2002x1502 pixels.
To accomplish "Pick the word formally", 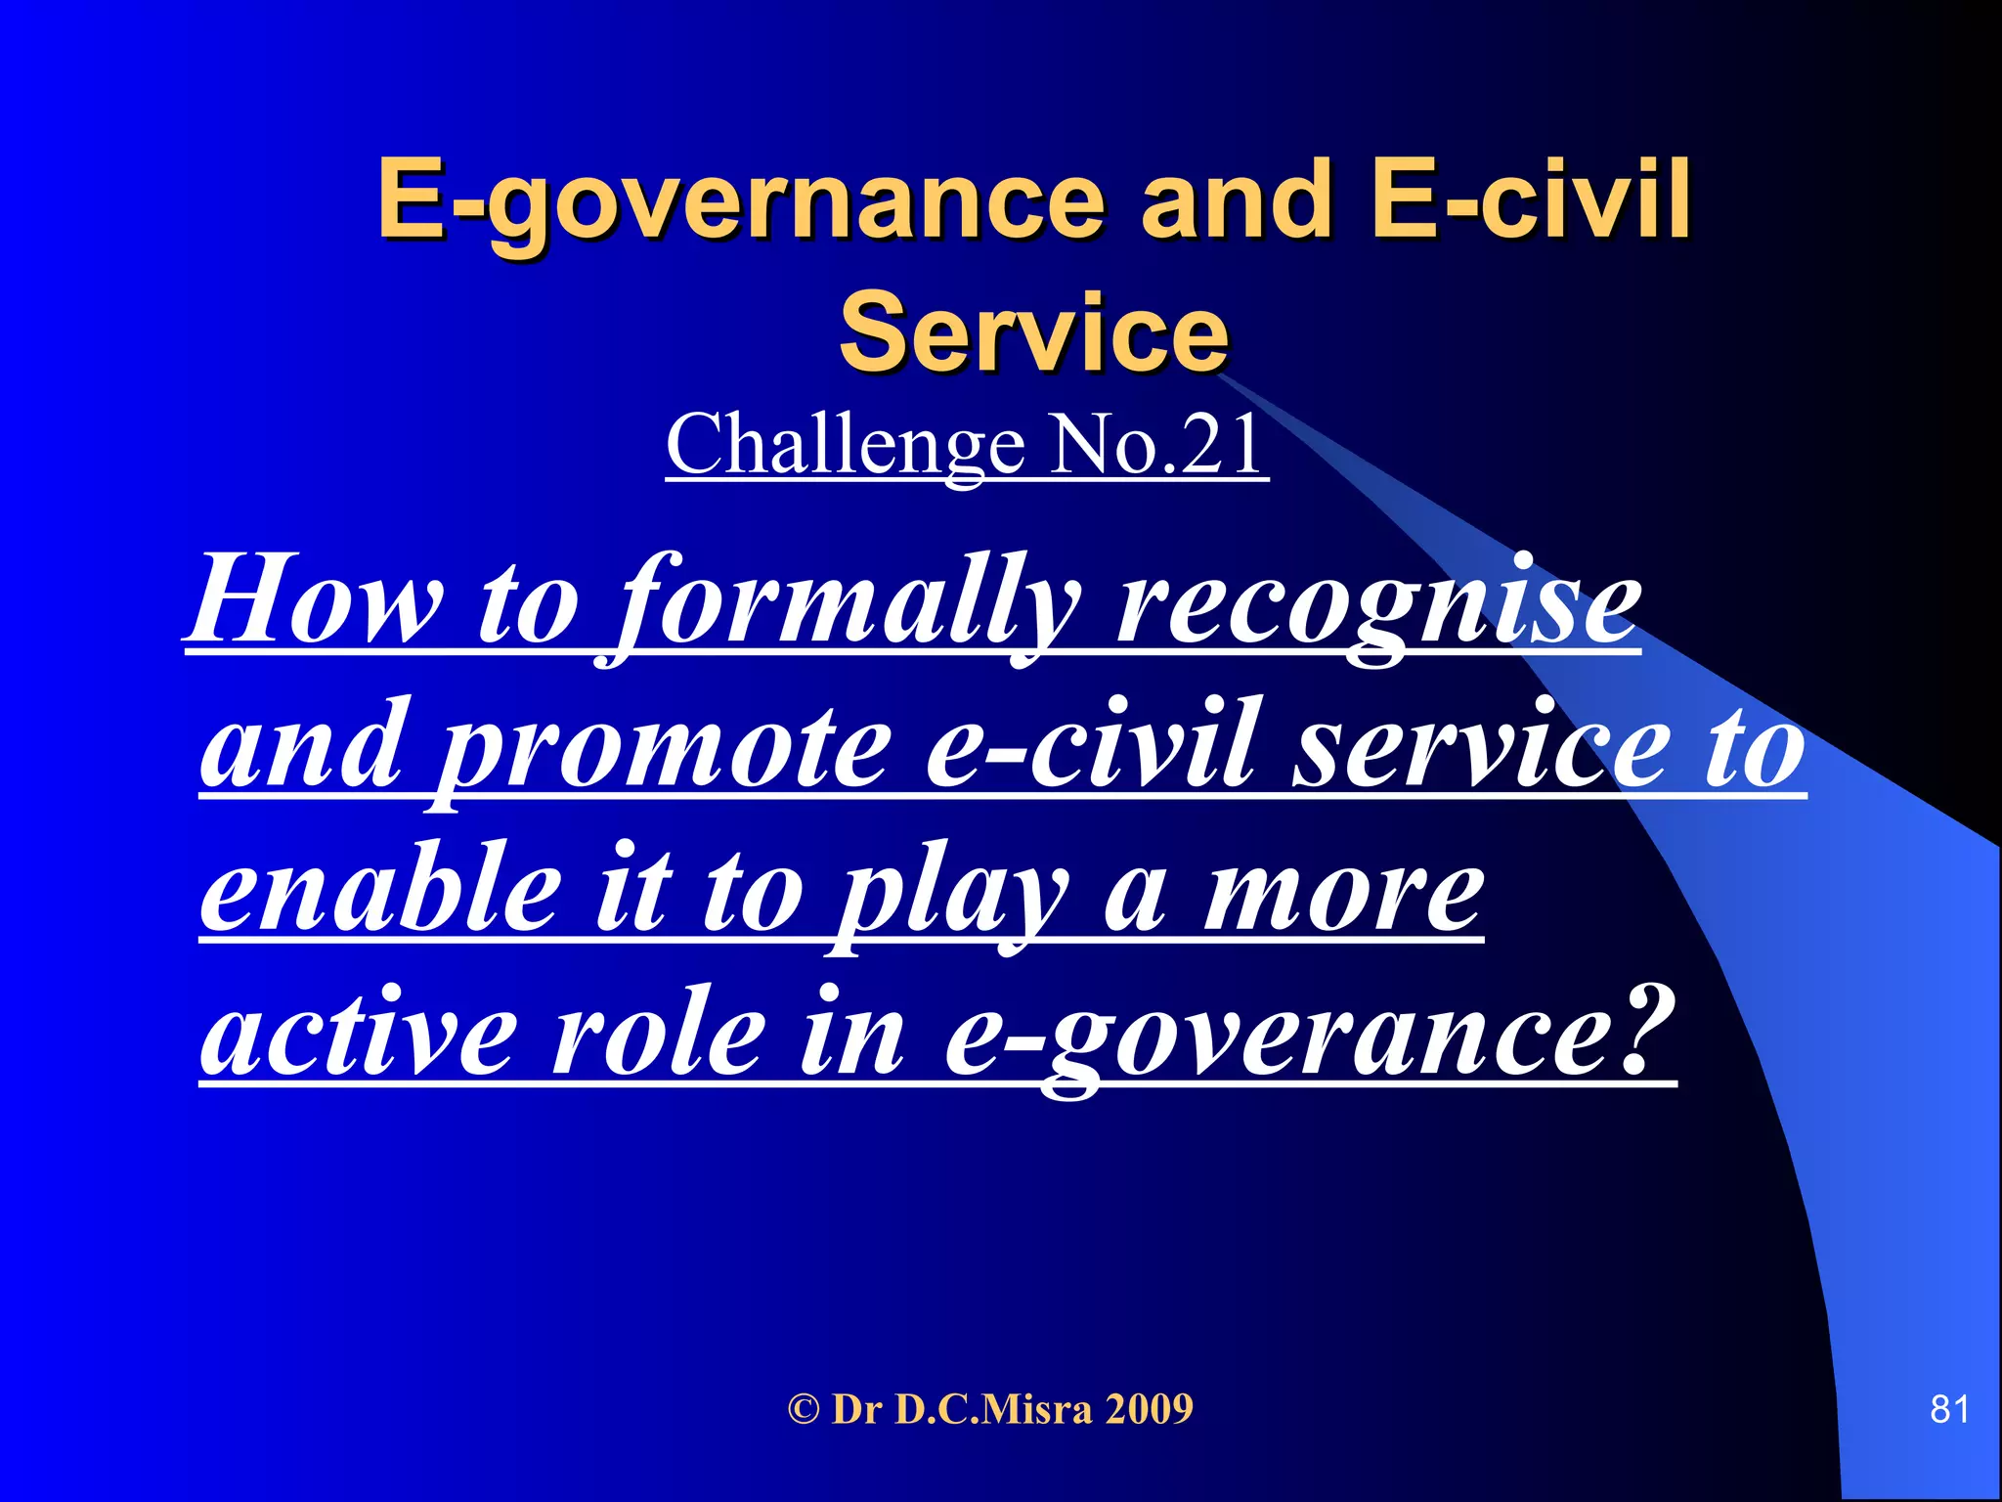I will click(850, 601).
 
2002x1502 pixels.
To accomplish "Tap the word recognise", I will click(1378, 601).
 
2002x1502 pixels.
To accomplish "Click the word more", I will click(1344, 895).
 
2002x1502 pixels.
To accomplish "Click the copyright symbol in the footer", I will click(804, 1409).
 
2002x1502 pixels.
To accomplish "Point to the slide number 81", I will click(1949, 1409).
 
